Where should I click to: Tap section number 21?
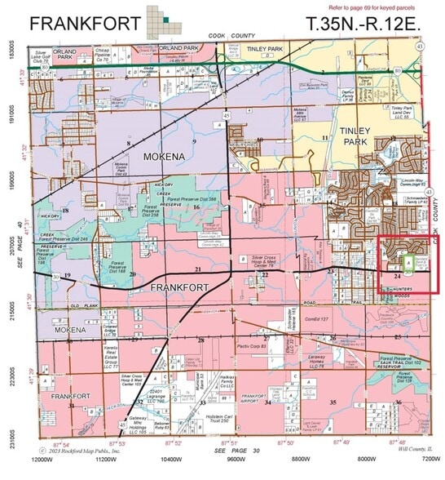pos(197,269)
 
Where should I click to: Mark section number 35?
pos(333,402)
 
